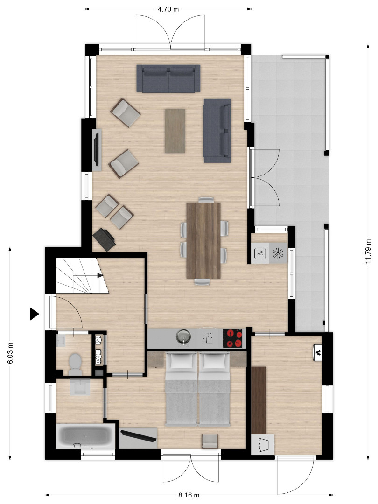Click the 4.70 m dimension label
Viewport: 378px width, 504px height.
(168, 9)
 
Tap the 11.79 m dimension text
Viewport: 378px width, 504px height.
(368, 251)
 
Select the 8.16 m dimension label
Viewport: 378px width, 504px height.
(189, 495)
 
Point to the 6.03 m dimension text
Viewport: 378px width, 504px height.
(10, 353)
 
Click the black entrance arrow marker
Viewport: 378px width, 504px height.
(34, 314)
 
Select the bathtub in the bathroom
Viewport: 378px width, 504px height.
(85, 436)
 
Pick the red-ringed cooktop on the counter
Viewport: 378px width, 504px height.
(233, 338)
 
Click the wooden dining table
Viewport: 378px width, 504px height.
(203, 240)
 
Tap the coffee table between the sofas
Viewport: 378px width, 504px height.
(175, 131)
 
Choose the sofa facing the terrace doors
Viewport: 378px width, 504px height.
(217, 131)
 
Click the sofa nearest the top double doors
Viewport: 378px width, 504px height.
(168, 78)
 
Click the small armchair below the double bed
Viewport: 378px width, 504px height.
(210, 441)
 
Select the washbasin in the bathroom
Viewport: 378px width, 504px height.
(80, 387)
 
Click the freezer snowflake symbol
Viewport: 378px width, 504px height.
(278, 253)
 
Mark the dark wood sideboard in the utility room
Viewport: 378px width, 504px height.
(259, 400)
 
